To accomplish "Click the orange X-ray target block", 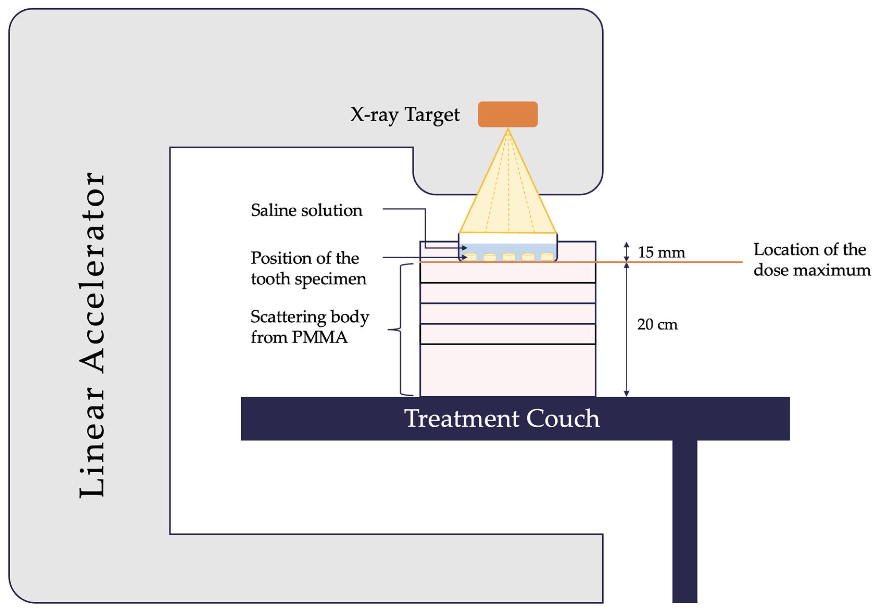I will click(508, 114).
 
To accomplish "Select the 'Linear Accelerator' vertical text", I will click(92, 335).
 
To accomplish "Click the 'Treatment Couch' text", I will click(502, 418).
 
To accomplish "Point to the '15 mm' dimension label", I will click(661, 252).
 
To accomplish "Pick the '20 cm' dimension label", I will click(657, 325).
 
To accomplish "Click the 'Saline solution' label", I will click(306, 210).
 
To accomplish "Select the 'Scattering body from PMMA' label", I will click(309, 327).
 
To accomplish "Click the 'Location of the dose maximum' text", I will click(812, 260).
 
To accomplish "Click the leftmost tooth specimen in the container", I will click(471, 257).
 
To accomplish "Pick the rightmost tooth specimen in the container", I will click(547, 256).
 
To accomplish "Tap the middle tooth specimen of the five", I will click(509, 257).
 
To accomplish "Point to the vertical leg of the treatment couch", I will click(685, 521).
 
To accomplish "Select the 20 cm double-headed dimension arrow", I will click(626, 329).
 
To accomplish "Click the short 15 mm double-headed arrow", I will click(626, 251).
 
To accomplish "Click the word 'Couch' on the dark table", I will click(562, 418).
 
